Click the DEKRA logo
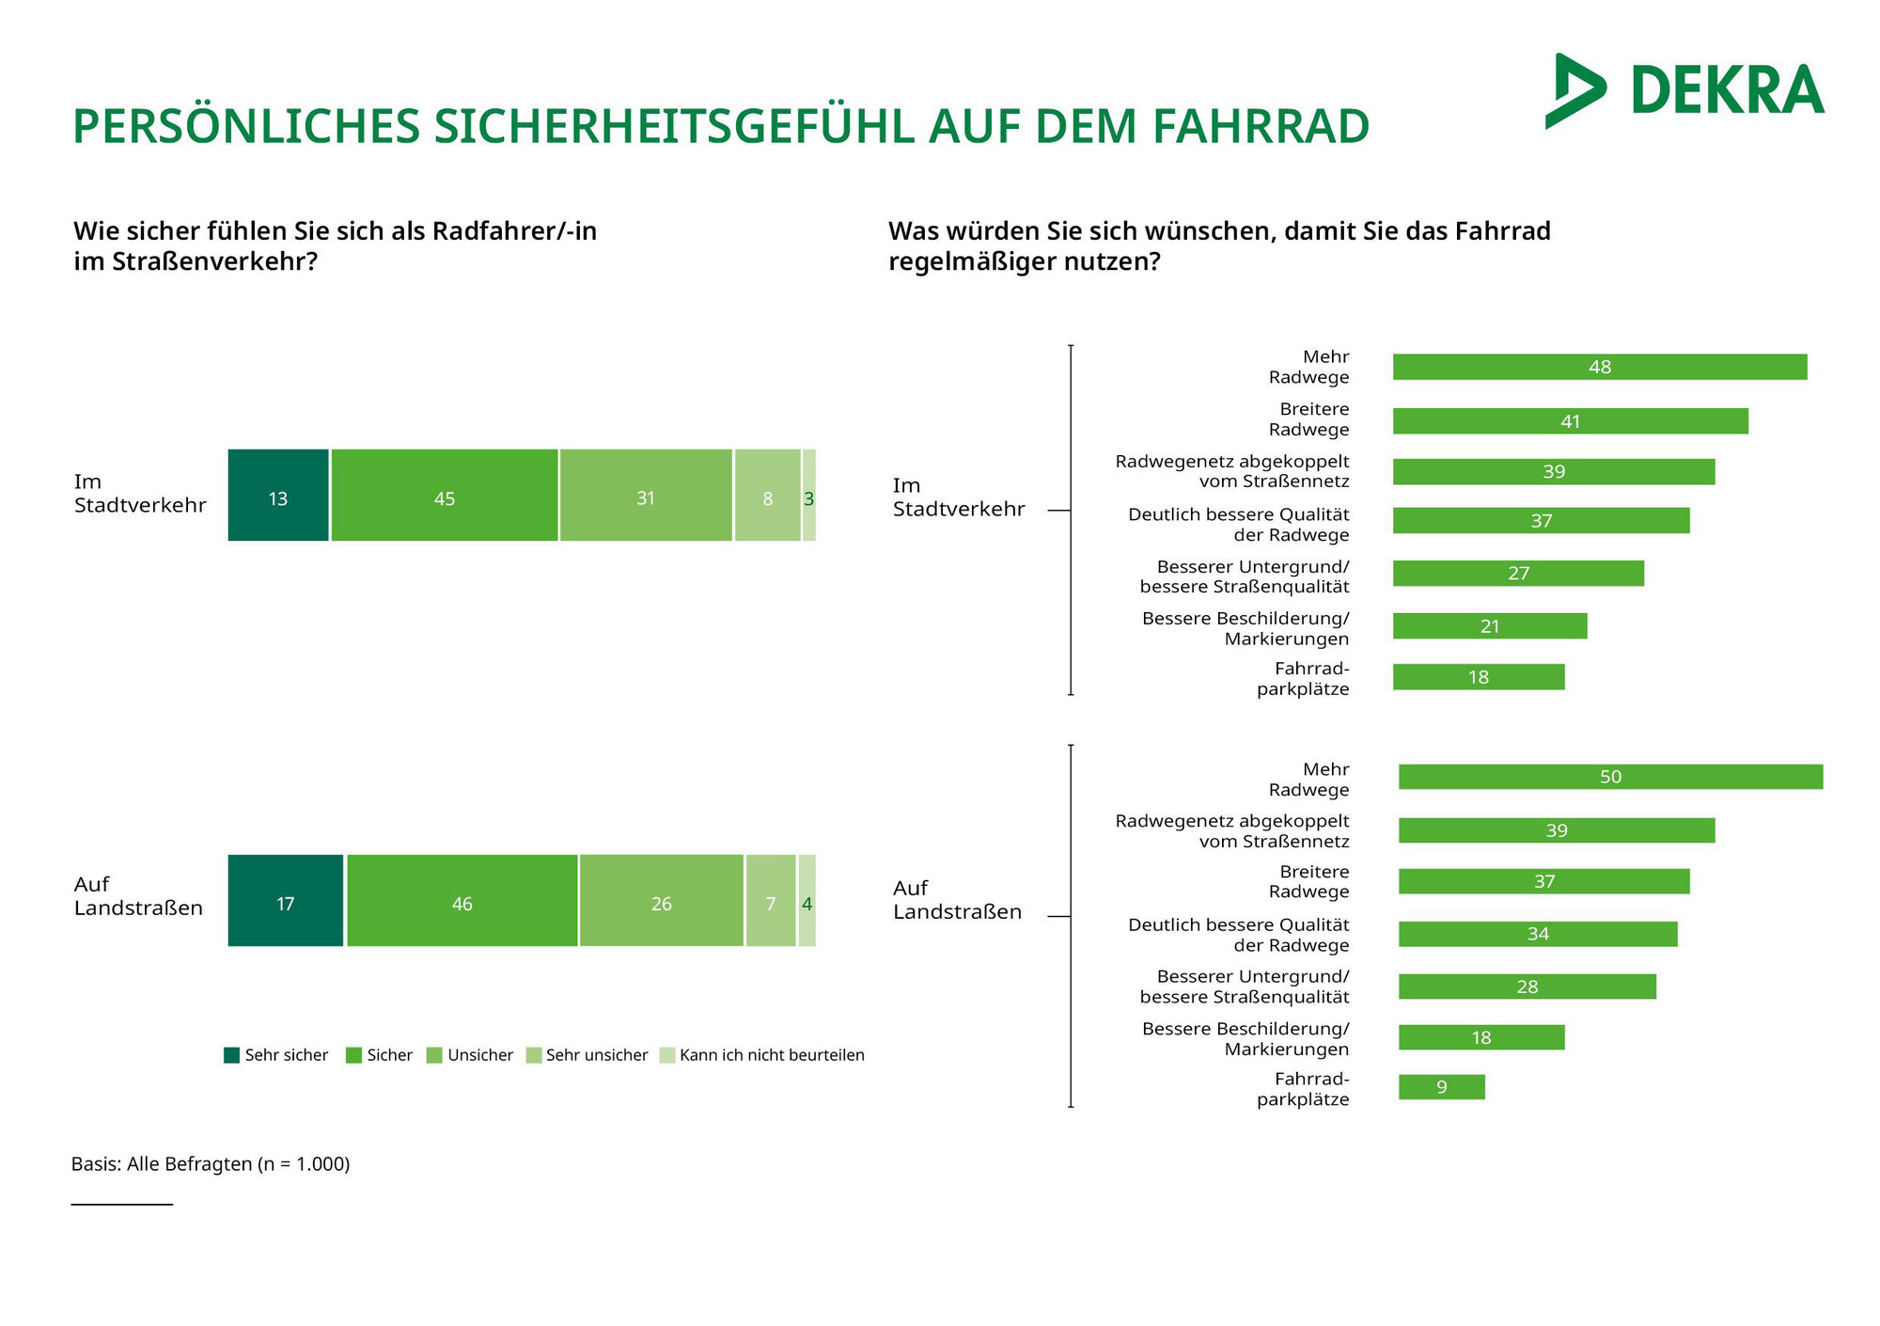[x=1684, y=91]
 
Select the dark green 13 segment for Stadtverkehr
[x=278, y=496]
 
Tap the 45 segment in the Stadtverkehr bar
[x=445, y=496]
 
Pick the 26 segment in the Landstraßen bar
[x=662, y=901]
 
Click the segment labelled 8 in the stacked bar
[x=767, y=496]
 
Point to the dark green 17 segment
[x=286, y=901]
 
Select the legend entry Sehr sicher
[x=276, y=1055]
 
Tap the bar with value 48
[x=1599, y=367]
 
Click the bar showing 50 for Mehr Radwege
[x=1610, y=777]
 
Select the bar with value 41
[x=1570, y=421]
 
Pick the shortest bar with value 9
[x=1441, y=1087]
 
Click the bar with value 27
[x=1518, y=574]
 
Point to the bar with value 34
[x=1538, y=934]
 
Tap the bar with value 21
[x=1490, y=626]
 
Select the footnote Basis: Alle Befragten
[x=211, y=1164]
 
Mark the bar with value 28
[x=1527, y=987]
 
